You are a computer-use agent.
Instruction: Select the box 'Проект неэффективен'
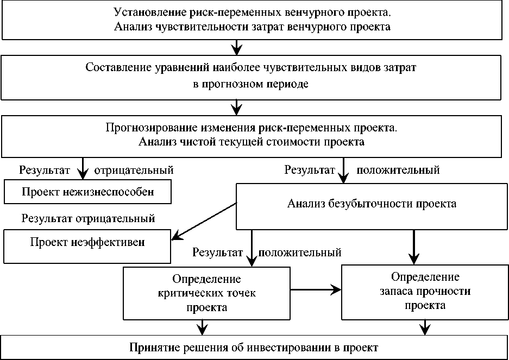point(87,243)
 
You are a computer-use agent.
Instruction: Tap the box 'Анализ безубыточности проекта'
point(372,205)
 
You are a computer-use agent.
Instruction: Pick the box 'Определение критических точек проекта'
point(206,293)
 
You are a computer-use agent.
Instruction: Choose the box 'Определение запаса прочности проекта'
point(424,291)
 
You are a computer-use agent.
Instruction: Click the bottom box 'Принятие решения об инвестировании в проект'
point(254,347)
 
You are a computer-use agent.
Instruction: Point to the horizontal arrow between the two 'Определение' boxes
point(316,290)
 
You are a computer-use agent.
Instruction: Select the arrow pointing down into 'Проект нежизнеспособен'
point(83,168)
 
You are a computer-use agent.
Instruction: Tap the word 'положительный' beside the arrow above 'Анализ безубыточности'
point(398,170)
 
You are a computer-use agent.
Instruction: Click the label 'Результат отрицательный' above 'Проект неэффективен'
point(89,219)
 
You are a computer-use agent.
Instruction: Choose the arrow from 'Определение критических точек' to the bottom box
point(203,327)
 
